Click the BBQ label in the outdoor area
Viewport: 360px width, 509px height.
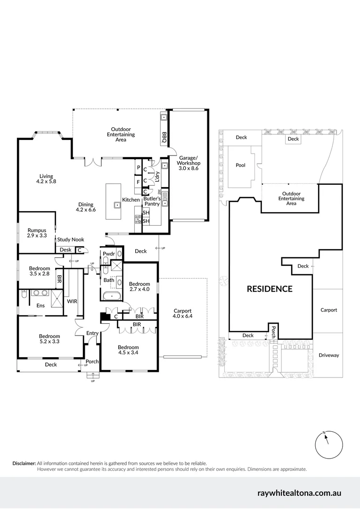pos(164,137)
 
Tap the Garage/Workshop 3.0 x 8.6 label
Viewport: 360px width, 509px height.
pos(188,163)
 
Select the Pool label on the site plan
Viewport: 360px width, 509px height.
pos(240,165)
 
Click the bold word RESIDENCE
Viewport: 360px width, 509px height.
pos(270,289)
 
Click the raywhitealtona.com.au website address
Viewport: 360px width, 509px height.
pos(299,493)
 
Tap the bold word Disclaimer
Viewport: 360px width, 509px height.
pos(24,463)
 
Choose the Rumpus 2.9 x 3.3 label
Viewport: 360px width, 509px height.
pos(37,232)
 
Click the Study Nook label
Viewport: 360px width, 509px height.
pos(71,240)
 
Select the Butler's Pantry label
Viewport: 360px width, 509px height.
pos(152,201)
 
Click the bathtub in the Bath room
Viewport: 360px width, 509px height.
pos(112,297)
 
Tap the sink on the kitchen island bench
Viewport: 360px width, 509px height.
pos(116,205)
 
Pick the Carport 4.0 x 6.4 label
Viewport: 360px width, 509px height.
pos(182,313)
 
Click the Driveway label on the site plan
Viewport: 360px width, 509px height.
pos(328,355)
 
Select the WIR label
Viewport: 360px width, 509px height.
pos(72,301)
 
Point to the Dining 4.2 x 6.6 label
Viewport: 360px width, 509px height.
pos(87,207)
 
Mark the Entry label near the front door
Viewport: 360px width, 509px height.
pos(92,333)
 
